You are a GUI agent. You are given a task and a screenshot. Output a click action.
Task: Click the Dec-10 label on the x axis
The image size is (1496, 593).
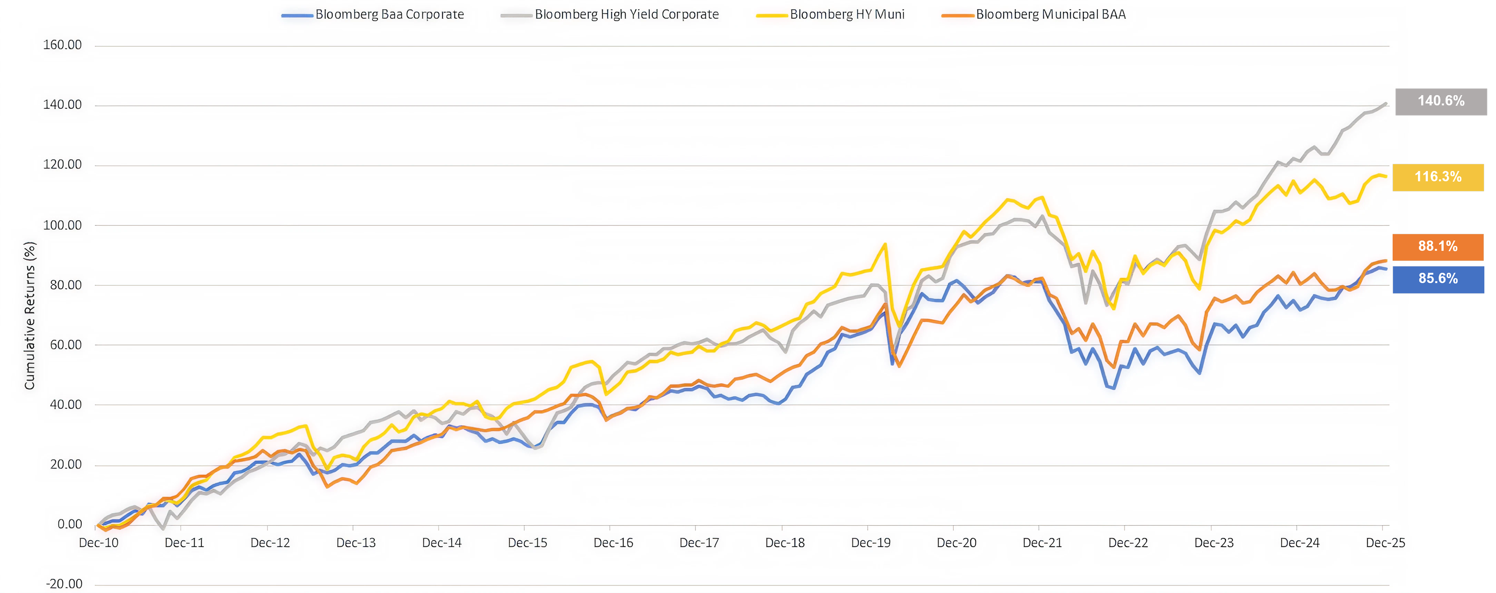pos(99,542)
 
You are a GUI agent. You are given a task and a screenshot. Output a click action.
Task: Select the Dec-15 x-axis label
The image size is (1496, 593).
pos(527,542)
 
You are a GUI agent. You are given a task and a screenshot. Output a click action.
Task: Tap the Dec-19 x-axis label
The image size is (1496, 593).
pos(871,542)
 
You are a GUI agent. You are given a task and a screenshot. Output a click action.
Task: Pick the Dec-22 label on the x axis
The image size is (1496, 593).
pos(1128,542)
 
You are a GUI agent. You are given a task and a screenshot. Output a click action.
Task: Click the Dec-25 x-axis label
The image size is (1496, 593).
pos(1385,542)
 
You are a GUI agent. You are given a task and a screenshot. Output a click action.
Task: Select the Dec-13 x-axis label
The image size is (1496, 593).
pos(356,542)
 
